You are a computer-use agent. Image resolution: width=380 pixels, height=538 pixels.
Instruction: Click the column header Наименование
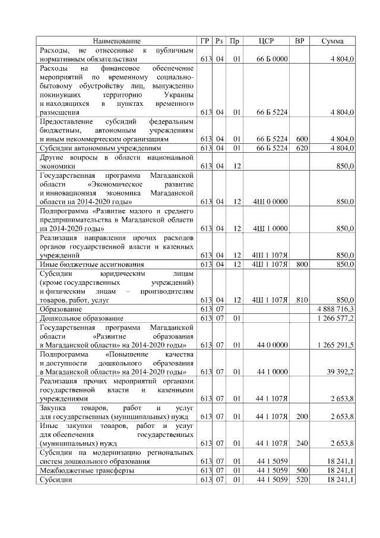[x=117, y=41]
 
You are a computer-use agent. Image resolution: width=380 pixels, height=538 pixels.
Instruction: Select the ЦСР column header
[x=266, y=41]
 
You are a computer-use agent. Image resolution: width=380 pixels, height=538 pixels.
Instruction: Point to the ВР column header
[x=299, y=41]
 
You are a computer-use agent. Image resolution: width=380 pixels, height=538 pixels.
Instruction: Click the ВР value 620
[x=301, y=147]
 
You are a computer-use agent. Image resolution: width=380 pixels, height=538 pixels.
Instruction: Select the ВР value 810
[x=301, y=300]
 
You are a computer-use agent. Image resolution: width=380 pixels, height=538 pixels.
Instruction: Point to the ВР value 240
[x=301, y=443]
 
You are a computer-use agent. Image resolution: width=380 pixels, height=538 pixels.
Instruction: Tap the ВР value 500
[x=301, y=470]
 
